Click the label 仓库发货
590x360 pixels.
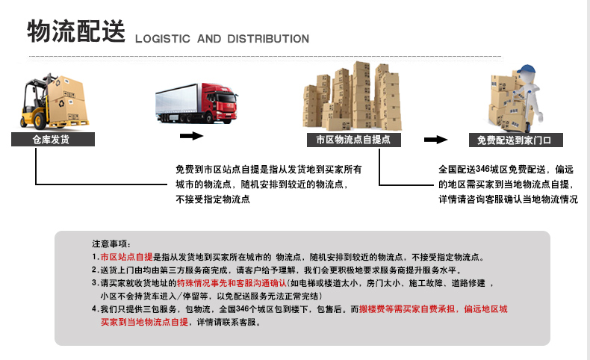click(52, 140)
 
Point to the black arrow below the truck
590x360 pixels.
click(192, 136)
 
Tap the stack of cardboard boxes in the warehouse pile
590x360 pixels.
click(352, 97)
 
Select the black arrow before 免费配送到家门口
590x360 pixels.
click(435, 140)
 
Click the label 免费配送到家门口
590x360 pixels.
click(515, 140)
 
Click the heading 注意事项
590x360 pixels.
click(110, 244)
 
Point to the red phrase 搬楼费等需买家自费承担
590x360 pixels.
click(410, 309)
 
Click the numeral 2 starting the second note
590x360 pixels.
click(94, 270)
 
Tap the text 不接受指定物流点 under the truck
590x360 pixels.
click(213, 199)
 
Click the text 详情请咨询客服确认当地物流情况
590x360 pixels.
click(508, 199)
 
